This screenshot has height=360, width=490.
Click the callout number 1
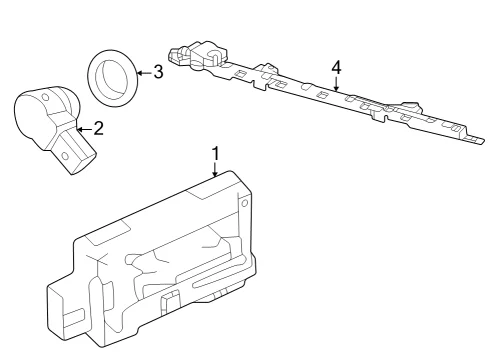(216, 154)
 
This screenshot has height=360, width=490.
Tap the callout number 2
(98, 128)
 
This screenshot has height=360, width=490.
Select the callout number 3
(158, 72)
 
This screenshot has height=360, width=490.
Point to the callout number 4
(337, 67)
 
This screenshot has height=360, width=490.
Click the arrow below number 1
(215, 169)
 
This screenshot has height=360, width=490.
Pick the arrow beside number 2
(84, 129)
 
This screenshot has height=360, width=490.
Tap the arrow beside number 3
(145, 73)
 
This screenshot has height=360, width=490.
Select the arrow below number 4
(337, 84)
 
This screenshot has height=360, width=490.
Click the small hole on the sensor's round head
(45, 97)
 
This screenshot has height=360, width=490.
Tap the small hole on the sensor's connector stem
(65, 156)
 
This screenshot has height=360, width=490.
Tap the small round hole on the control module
(244, 203)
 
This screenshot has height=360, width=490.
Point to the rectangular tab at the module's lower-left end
(74, 318)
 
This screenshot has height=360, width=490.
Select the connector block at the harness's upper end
(199, 55)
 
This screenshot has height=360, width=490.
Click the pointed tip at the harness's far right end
(484, 141)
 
